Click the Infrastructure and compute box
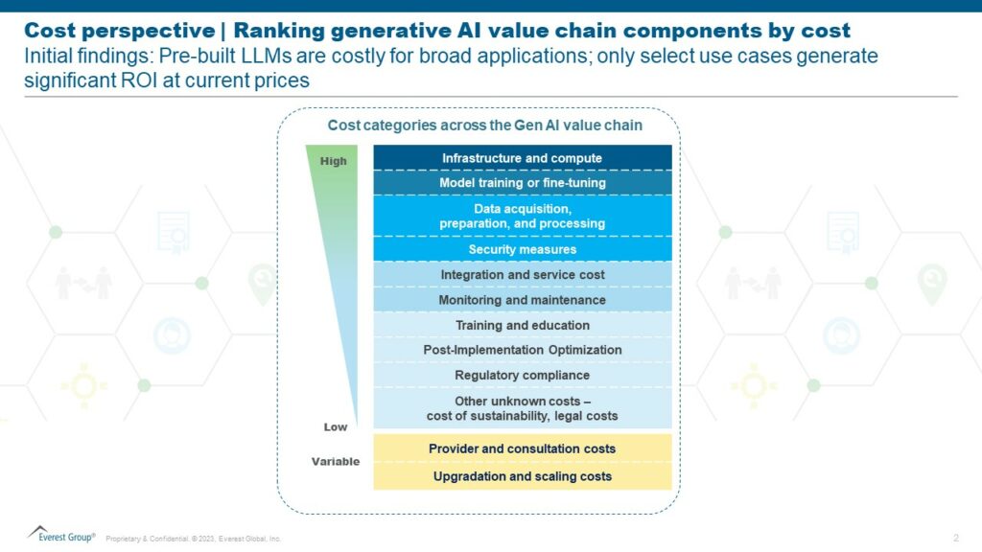522,158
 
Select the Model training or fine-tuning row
522,182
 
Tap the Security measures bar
522,249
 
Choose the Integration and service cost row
522,275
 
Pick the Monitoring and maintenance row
522,300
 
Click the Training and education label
522,325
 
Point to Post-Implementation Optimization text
522,350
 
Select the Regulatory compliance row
522,375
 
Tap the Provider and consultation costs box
522,448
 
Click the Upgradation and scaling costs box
522,476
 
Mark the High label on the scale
333,161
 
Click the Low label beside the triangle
335,426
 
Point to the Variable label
335,462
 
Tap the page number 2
956,537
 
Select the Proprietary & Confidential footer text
192,539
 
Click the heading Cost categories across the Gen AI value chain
484,126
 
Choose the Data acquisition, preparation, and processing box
522,216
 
